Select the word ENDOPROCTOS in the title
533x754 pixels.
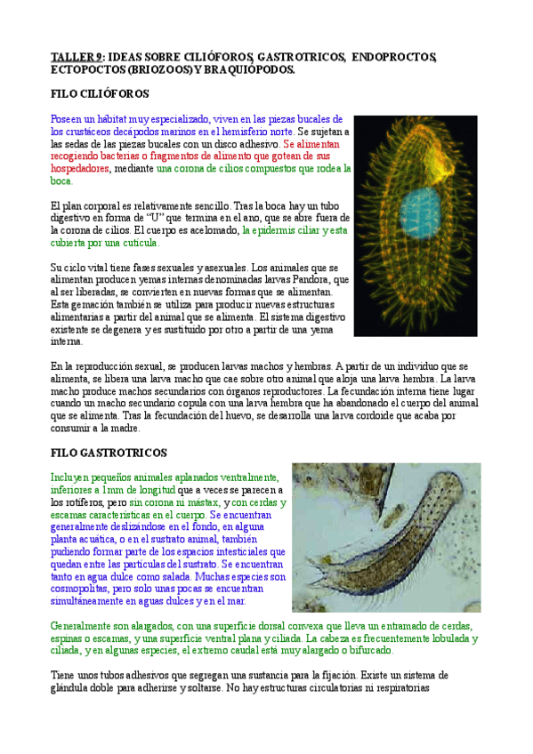(x=394, y=58)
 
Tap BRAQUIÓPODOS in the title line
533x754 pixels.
(x=249, y=69)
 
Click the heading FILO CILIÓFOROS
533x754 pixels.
(x=100, y=93)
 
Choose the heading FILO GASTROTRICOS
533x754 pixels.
(x=109, y=453)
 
